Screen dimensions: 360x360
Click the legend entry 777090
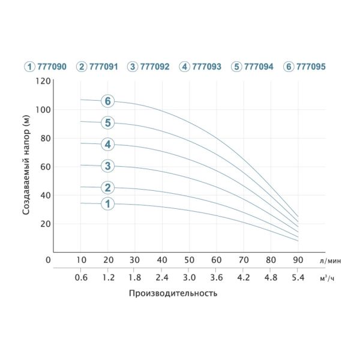click(x=46, y=67)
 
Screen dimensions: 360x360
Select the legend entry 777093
click(x=200, y=67)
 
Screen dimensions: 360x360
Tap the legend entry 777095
click(x=305, y=67)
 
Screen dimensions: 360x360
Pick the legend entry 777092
click(x=149, y=67)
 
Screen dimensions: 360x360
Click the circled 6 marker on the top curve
click(x=107, y=101)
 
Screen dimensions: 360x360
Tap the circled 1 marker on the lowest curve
click(x=107, y=204)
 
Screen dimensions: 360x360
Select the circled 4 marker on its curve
click(x=107, y=145)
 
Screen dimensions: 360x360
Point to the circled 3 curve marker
click(x=107, y=166)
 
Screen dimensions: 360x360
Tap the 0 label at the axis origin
click(x=48, y=260)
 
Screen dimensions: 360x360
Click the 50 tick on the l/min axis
click(x=189, y=260)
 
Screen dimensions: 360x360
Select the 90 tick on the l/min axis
click(x=298, y=260)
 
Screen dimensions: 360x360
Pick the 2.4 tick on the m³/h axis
click(x=162, y=278)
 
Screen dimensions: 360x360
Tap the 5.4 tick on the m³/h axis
click(x=298, y=278)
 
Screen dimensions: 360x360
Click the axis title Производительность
click(x=173, y=294)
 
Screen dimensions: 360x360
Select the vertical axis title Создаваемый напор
click(x=26, y=165)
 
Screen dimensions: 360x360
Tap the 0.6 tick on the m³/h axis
click(x=81, y=278)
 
